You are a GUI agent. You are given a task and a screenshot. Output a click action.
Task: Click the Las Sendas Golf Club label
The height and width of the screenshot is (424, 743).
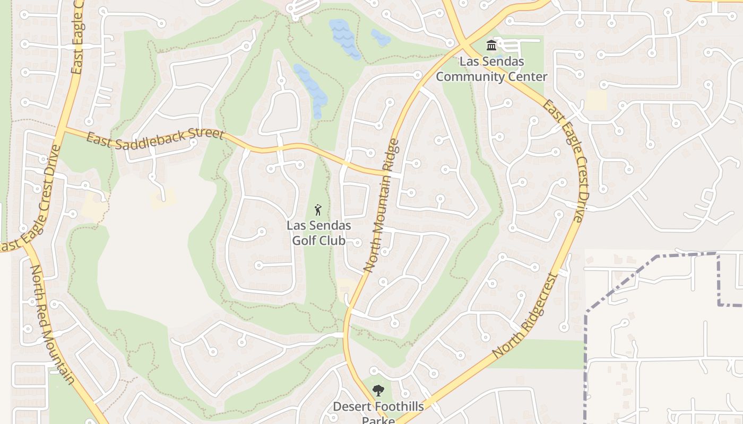click(318, 233)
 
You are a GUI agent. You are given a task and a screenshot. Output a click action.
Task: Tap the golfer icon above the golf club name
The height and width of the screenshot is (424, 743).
click(318, 209)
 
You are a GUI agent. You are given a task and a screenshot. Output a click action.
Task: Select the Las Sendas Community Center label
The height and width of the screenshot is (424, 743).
click(491, 69)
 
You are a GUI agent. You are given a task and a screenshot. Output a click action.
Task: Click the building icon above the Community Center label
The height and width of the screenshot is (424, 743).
click(491, 45)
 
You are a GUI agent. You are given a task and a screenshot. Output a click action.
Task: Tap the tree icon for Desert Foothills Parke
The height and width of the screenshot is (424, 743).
click(378, 391)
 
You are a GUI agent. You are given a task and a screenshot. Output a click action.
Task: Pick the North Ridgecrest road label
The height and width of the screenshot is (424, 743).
click(525, 316)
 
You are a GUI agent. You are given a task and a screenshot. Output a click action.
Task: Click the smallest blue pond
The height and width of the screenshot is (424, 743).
click(380, 37)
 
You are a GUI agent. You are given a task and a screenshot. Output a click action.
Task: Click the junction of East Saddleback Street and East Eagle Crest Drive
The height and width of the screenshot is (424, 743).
click(62, 129)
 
